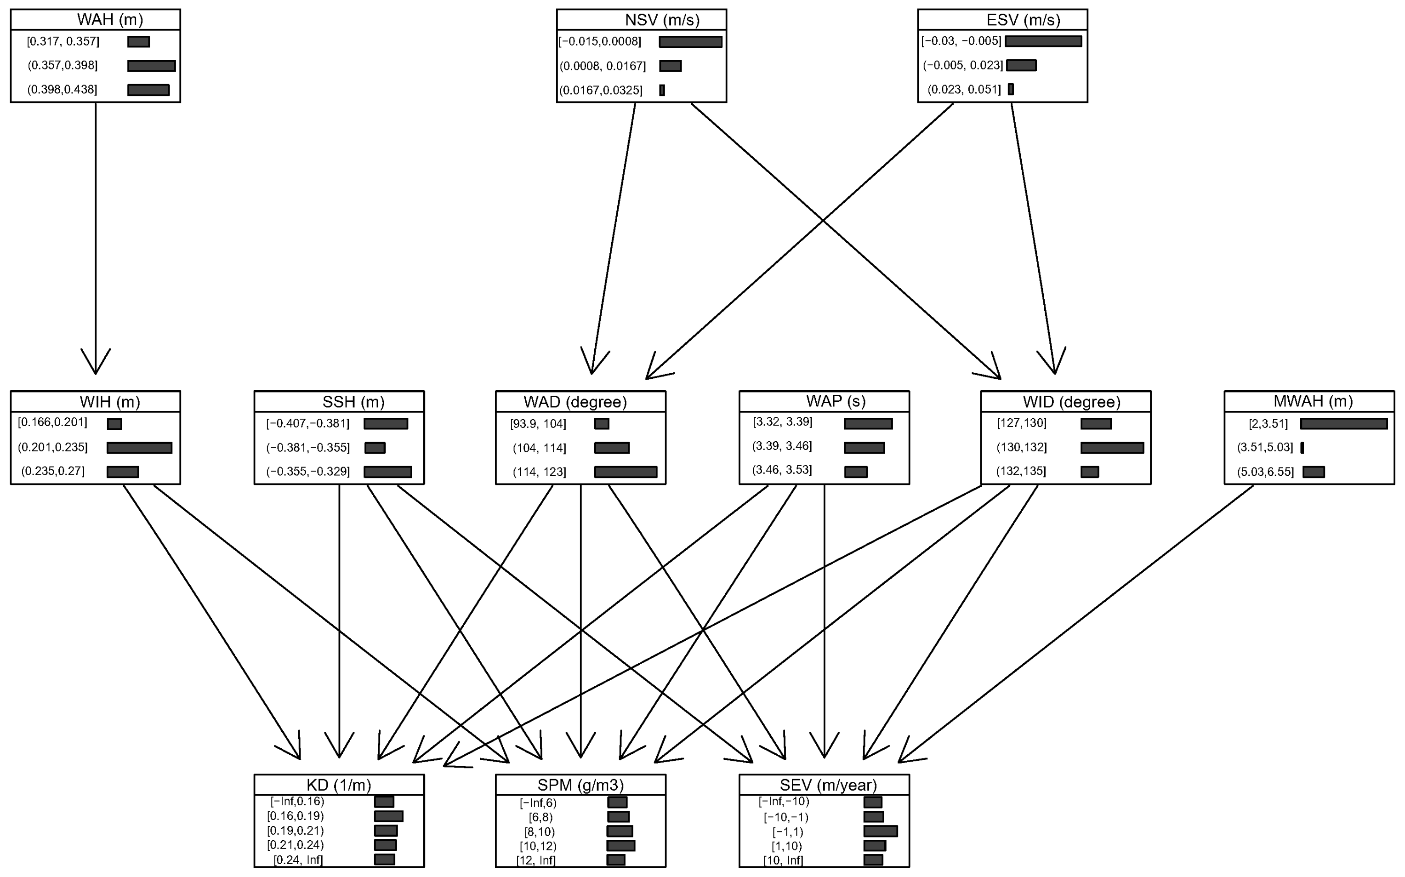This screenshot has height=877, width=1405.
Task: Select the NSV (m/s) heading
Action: coord(662,20)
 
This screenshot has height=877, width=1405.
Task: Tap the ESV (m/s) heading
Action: coord(1023,20)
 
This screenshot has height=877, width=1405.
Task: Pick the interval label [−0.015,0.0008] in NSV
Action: coord(600,42)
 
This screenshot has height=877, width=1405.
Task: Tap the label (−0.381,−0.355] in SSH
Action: coord(308,448)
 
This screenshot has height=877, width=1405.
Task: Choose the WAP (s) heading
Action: coord(835,401)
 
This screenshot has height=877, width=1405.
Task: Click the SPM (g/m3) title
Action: coord(580,785)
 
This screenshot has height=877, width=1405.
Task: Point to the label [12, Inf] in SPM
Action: coord(536,860)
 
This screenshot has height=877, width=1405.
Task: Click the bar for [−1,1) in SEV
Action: coord(880,831)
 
